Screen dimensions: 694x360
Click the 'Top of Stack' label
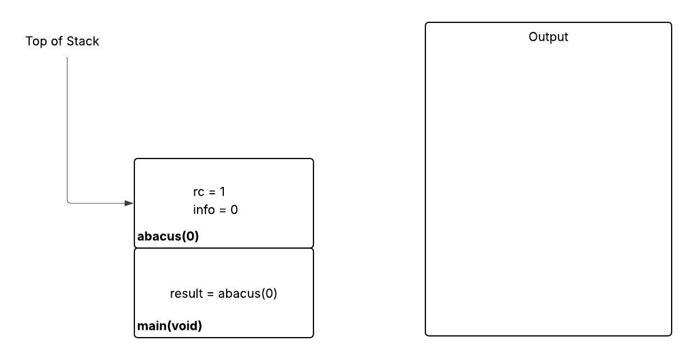point(62,41)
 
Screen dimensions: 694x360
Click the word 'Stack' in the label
point(83,41)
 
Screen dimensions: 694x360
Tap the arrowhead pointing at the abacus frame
point(129,203)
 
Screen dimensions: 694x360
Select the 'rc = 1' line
point(209,192)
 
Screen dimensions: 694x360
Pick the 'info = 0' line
point(215,210)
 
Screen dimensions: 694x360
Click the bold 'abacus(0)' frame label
point(168,236)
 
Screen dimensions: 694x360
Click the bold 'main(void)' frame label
point(170,326)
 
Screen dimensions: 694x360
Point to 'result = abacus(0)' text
point(223,293)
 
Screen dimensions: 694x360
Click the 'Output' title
point(548,37)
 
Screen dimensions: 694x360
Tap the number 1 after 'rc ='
point(222,192)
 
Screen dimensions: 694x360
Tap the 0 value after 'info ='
point(234,210)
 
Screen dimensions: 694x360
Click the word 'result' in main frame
point(186,293)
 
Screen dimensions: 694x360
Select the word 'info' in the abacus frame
point(204,210)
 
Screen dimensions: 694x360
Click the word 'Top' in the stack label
point(36,41)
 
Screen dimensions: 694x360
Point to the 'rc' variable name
point(199,193)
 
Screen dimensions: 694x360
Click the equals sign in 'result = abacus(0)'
point(210,294)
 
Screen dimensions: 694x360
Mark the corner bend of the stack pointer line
point(68,203)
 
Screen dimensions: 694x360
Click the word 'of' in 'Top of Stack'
point(57,41)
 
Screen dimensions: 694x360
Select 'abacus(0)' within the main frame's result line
point(247,293)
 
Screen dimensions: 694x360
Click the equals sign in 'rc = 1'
point(212,192)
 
